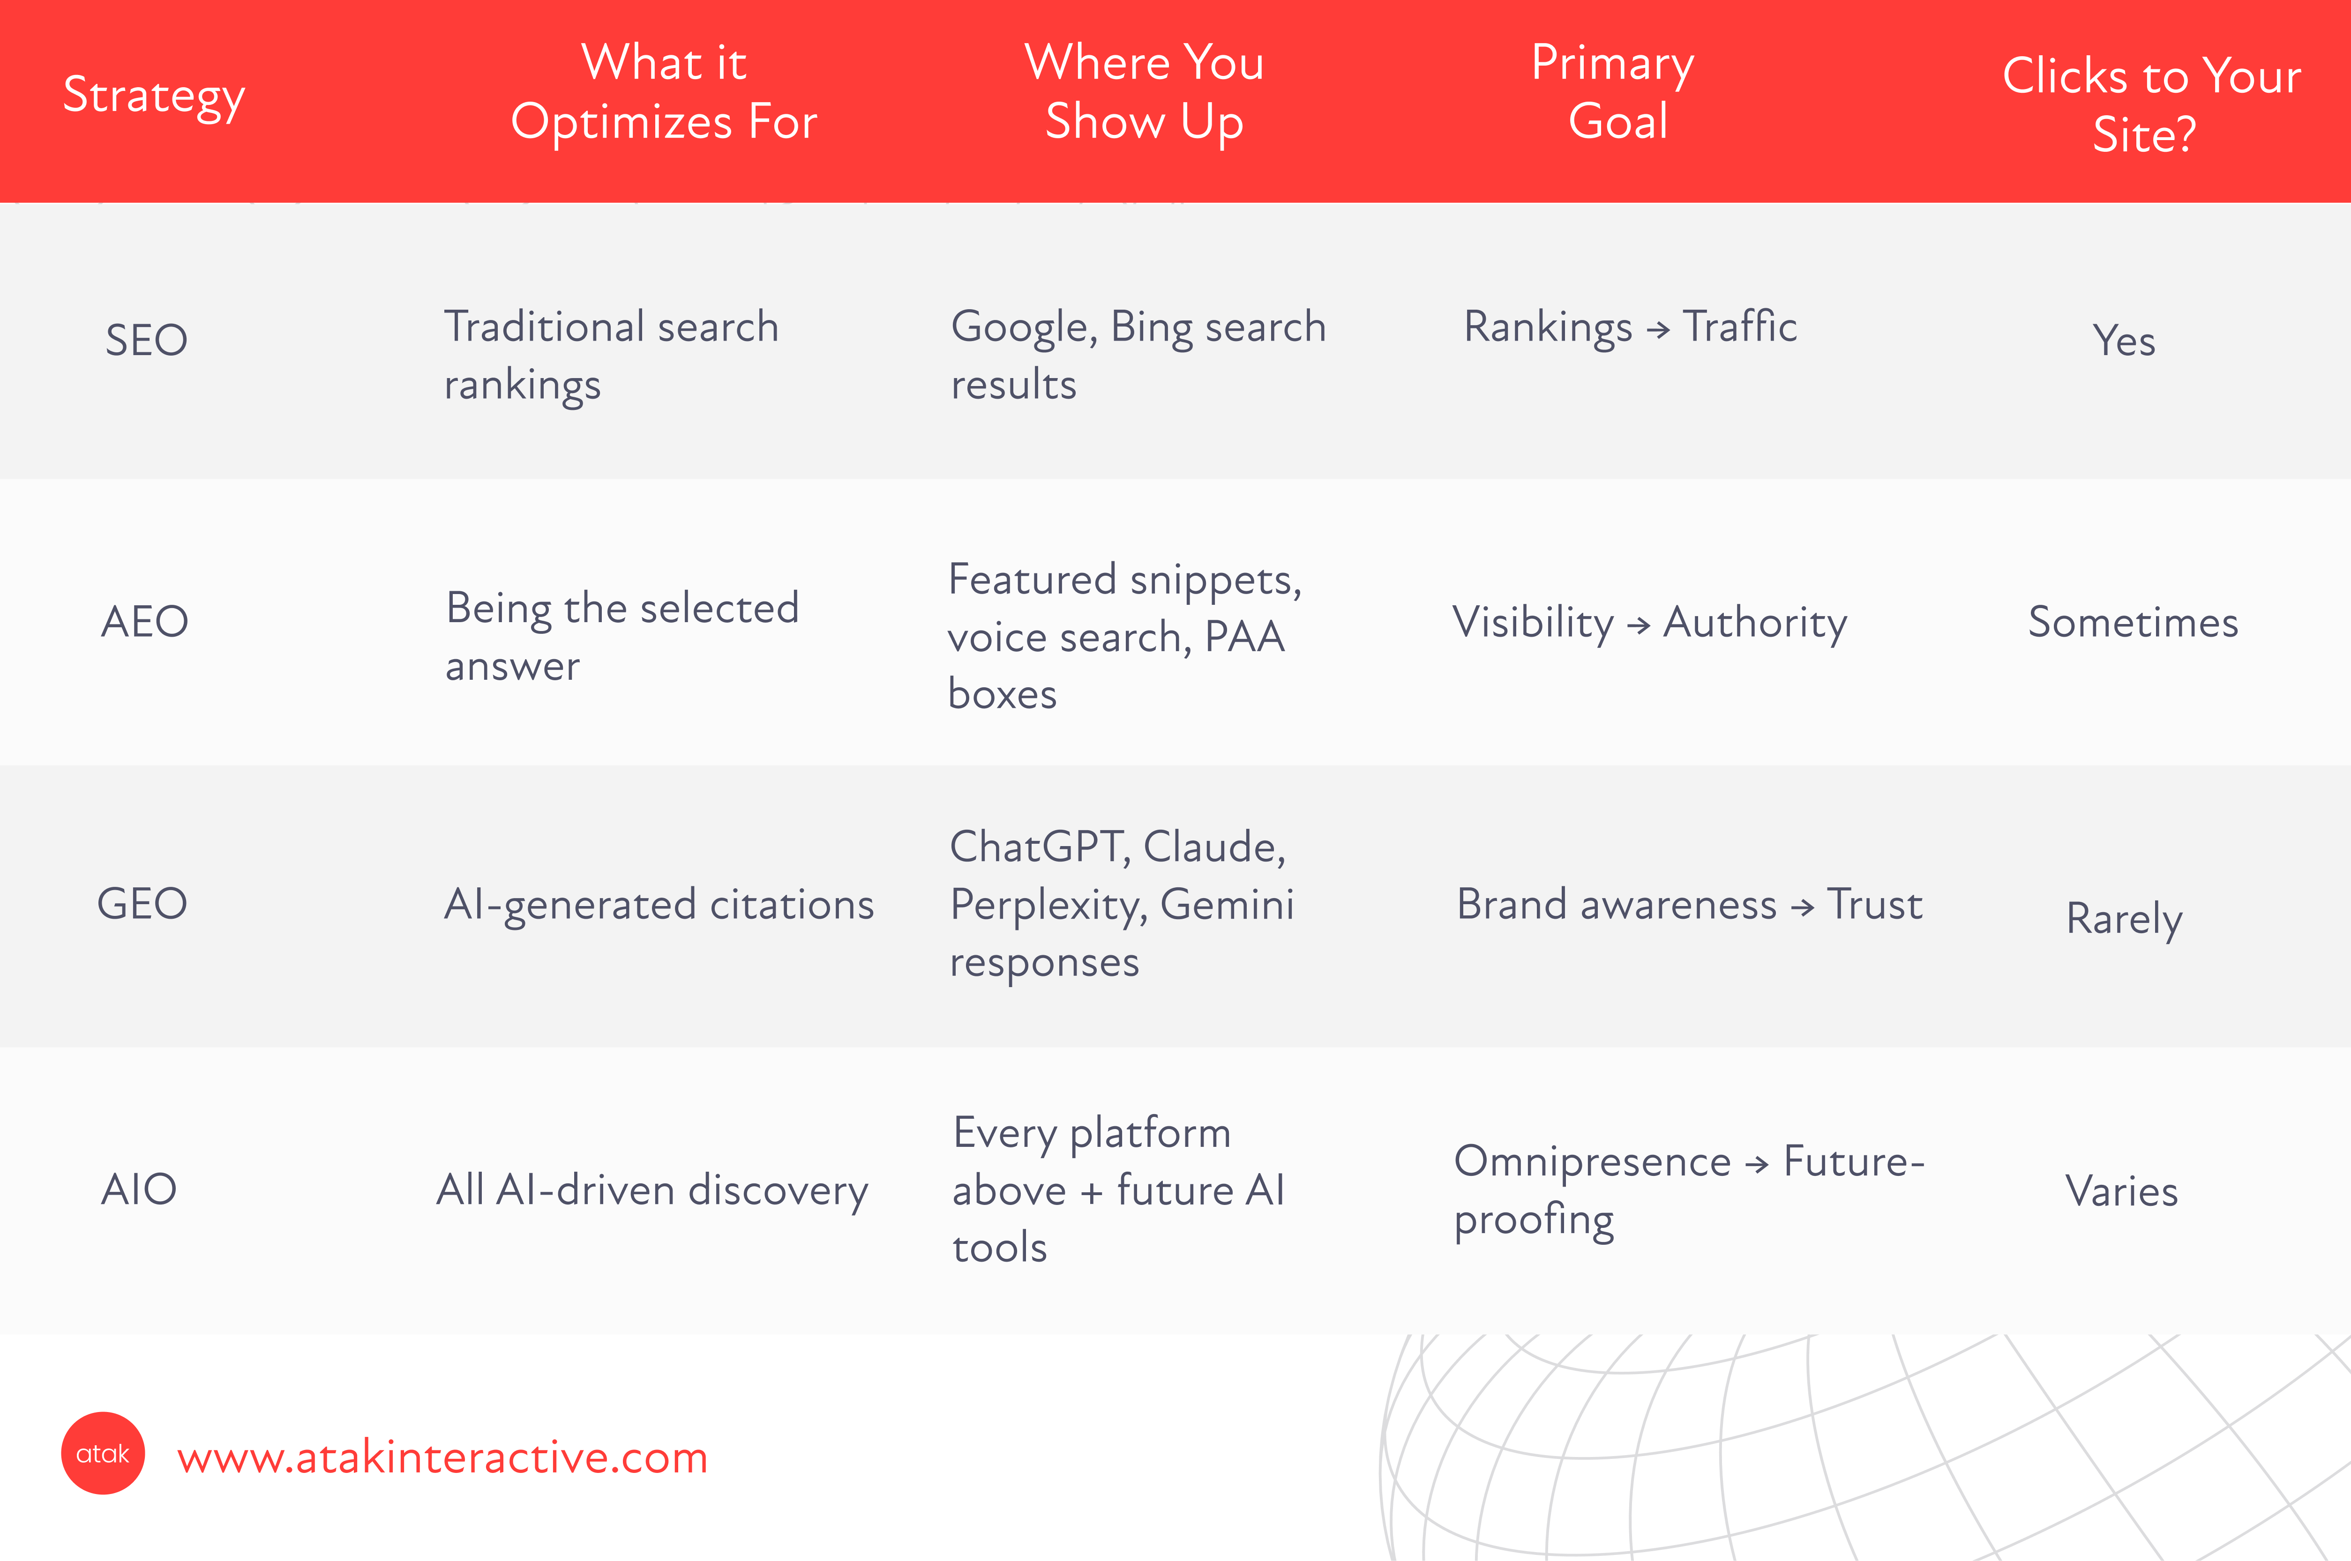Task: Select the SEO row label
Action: click(146, 341)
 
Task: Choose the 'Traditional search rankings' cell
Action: click(611, 356)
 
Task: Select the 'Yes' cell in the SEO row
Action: click(2124, 341)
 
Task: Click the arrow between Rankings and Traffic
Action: click(1658, 329)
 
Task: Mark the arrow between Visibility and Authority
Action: click(1638, 625)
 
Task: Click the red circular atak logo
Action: click(103, 1453)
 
